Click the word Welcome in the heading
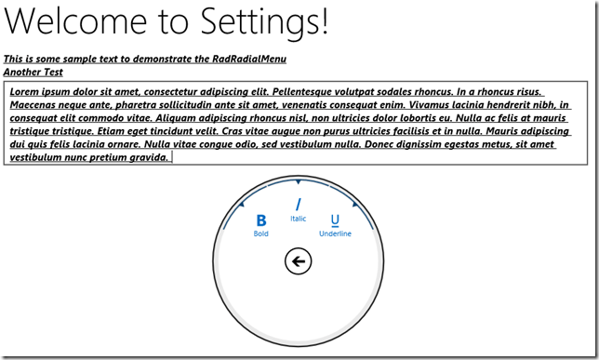coord(75,21)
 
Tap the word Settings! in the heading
coord(264,22)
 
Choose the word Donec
coord(377,144)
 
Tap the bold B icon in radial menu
coord(261,220)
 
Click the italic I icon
coord(299,205)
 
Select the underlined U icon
coord(335,220)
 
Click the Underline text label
coord(335,233)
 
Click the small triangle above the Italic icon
coord(299,182)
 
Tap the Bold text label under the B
coord(261,233)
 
